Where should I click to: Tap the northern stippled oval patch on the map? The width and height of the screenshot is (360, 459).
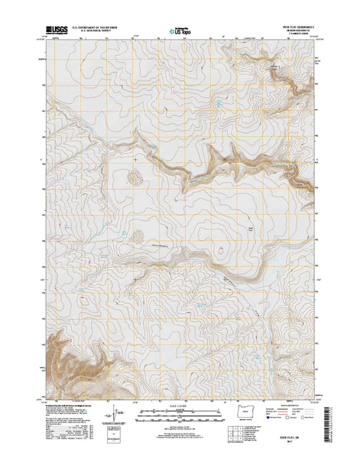[x=135, y=177]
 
